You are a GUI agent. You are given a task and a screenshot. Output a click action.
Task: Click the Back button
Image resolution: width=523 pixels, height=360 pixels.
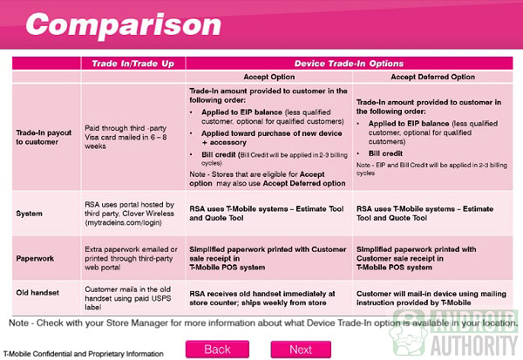tap(216, 349)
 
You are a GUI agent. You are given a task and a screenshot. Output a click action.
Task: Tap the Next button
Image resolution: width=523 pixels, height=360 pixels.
tap(300, 349)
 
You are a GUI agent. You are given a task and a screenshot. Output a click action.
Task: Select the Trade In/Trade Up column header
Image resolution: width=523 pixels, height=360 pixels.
tap(132, 64)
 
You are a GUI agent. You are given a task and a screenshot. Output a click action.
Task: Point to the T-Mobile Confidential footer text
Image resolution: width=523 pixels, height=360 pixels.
tap(84, 354)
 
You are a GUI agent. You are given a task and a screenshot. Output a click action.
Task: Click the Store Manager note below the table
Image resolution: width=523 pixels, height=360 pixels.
tap(261, 323)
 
